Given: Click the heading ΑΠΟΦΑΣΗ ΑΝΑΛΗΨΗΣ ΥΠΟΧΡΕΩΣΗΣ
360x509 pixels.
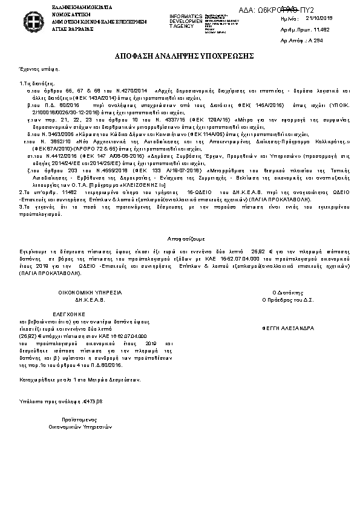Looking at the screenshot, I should [180, 56].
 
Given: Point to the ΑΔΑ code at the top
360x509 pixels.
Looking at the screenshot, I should [286, 10].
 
